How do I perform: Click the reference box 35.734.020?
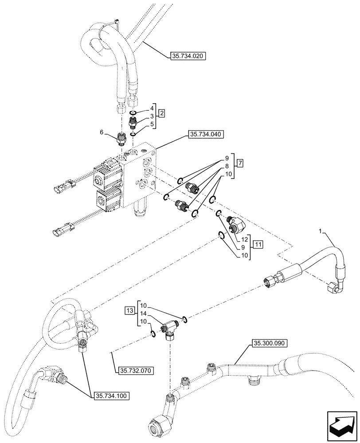[189, 56]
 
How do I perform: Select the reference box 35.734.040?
[207, 134]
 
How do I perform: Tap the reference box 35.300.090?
[270, 343]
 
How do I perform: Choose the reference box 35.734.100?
[111, 395]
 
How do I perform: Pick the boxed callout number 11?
[259, 244]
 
